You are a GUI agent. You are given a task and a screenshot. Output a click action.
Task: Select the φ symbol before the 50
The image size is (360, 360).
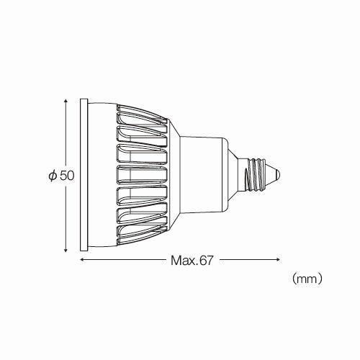pyautogui.click(x=53, y=174)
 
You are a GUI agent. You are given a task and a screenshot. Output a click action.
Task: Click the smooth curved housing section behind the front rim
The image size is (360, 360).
pyautogui.click(x=101, y=174)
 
